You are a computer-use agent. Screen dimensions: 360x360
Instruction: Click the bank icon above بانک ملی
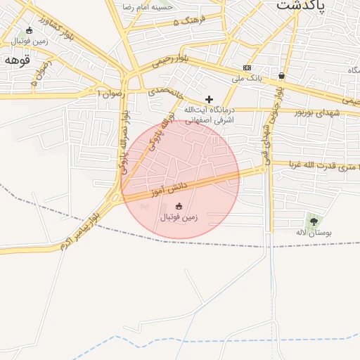click(247, 66)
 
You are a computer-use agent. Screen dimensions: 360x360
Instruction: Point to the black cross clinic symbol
click(209, 100)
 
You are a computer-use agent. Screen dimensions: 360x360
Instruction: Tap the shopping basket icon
click(282, 75)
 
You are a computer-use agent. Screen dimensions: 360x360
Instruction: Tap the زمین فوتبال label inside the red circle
click(179, 217)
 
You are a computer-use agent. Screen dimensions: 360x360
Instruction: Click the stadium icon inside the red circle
click(179, 206)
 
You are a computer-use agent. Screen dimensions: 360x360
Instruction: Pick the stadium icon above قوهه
click(29, 30)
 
